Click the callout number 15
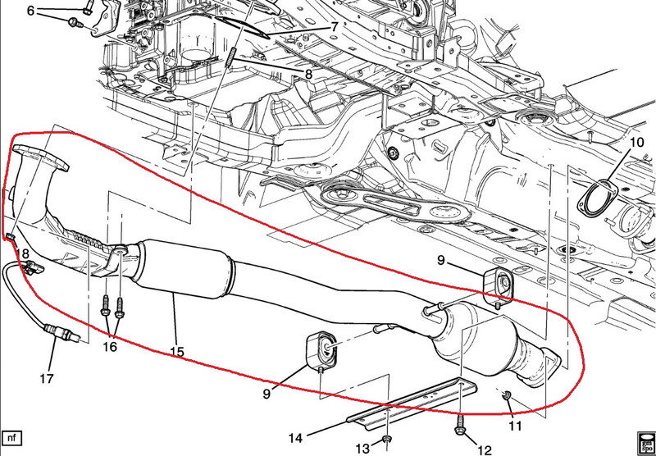pos(177,351)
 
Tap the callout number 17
pos(47,379)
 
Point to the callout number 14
pos(295,438)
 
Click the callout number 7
pos(334,28)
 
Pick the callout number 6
pos(30,11)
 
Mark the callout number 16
pos(111,347)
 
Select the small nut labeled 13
pos(386,439)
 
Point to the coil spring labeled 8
pos(230,57)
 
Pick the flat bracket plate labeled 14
pos(412,402)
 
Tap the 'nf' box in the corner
pos(11,438)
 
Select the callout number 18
pos(23,253)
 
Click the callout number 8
pos(308,75)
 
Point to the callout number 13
pos(363,449)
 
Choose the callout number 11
pos(516,426)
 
